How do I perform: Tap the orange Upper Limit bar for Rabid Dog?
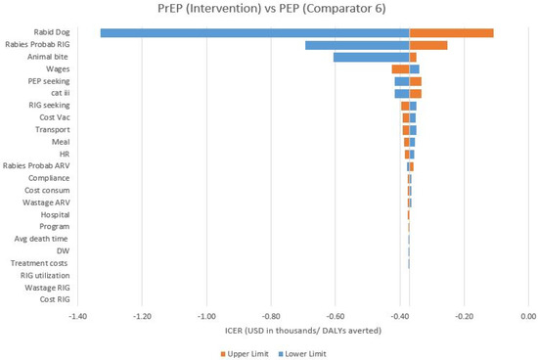pyautogui.click(x=451, y=33)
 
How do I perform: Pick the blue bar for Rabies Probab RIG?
pyautogui.click(x=356, y=45)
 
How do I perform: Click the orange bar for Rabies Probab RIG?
pyautogui.click(x=427, y=45)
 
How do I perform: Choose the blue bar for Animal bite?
pyautogui.click(x=371, y=57)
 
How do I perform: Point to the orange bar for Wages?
pyautogui.click(x=400, y=69)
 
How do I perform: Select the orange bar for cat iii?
pyautogui.click(x=415, y=93)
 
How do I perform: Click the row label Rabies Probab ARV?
pyautogui.click(x=36, y=165)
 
